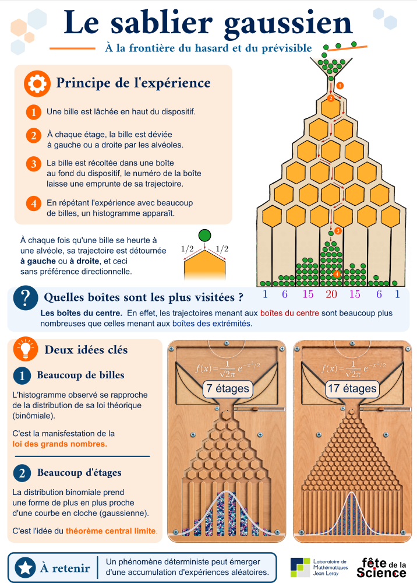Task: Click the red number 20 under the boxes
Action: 331,294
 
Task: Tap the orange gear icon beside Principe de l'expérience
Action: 37,83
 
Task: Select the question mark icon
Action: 26,298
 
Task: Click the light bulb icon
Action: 26,349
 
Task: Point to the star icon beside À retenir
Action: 26,568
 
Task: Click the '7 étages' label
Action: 228,388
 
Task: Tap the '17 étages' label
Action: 352,388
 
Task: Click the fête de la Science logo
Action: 381,567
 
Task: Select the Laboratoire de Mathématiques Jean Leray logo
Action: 319,567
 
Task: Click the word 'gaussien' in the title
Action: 288,24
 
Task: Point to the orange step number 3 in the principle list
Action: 33,164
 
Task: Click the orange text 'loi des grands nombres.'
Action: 60,444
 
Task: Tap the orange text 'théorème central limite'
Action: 111,531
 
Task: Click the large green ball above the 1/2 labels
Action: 204,236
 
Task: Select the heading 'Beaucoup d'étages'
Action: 79,473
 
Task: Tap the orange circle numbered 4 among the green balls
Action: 337,274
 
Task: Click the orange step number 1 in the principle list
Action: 33,112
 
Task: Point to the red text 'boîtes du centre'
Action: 289,313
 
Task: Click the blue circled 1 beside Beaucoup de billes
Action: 22,375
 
